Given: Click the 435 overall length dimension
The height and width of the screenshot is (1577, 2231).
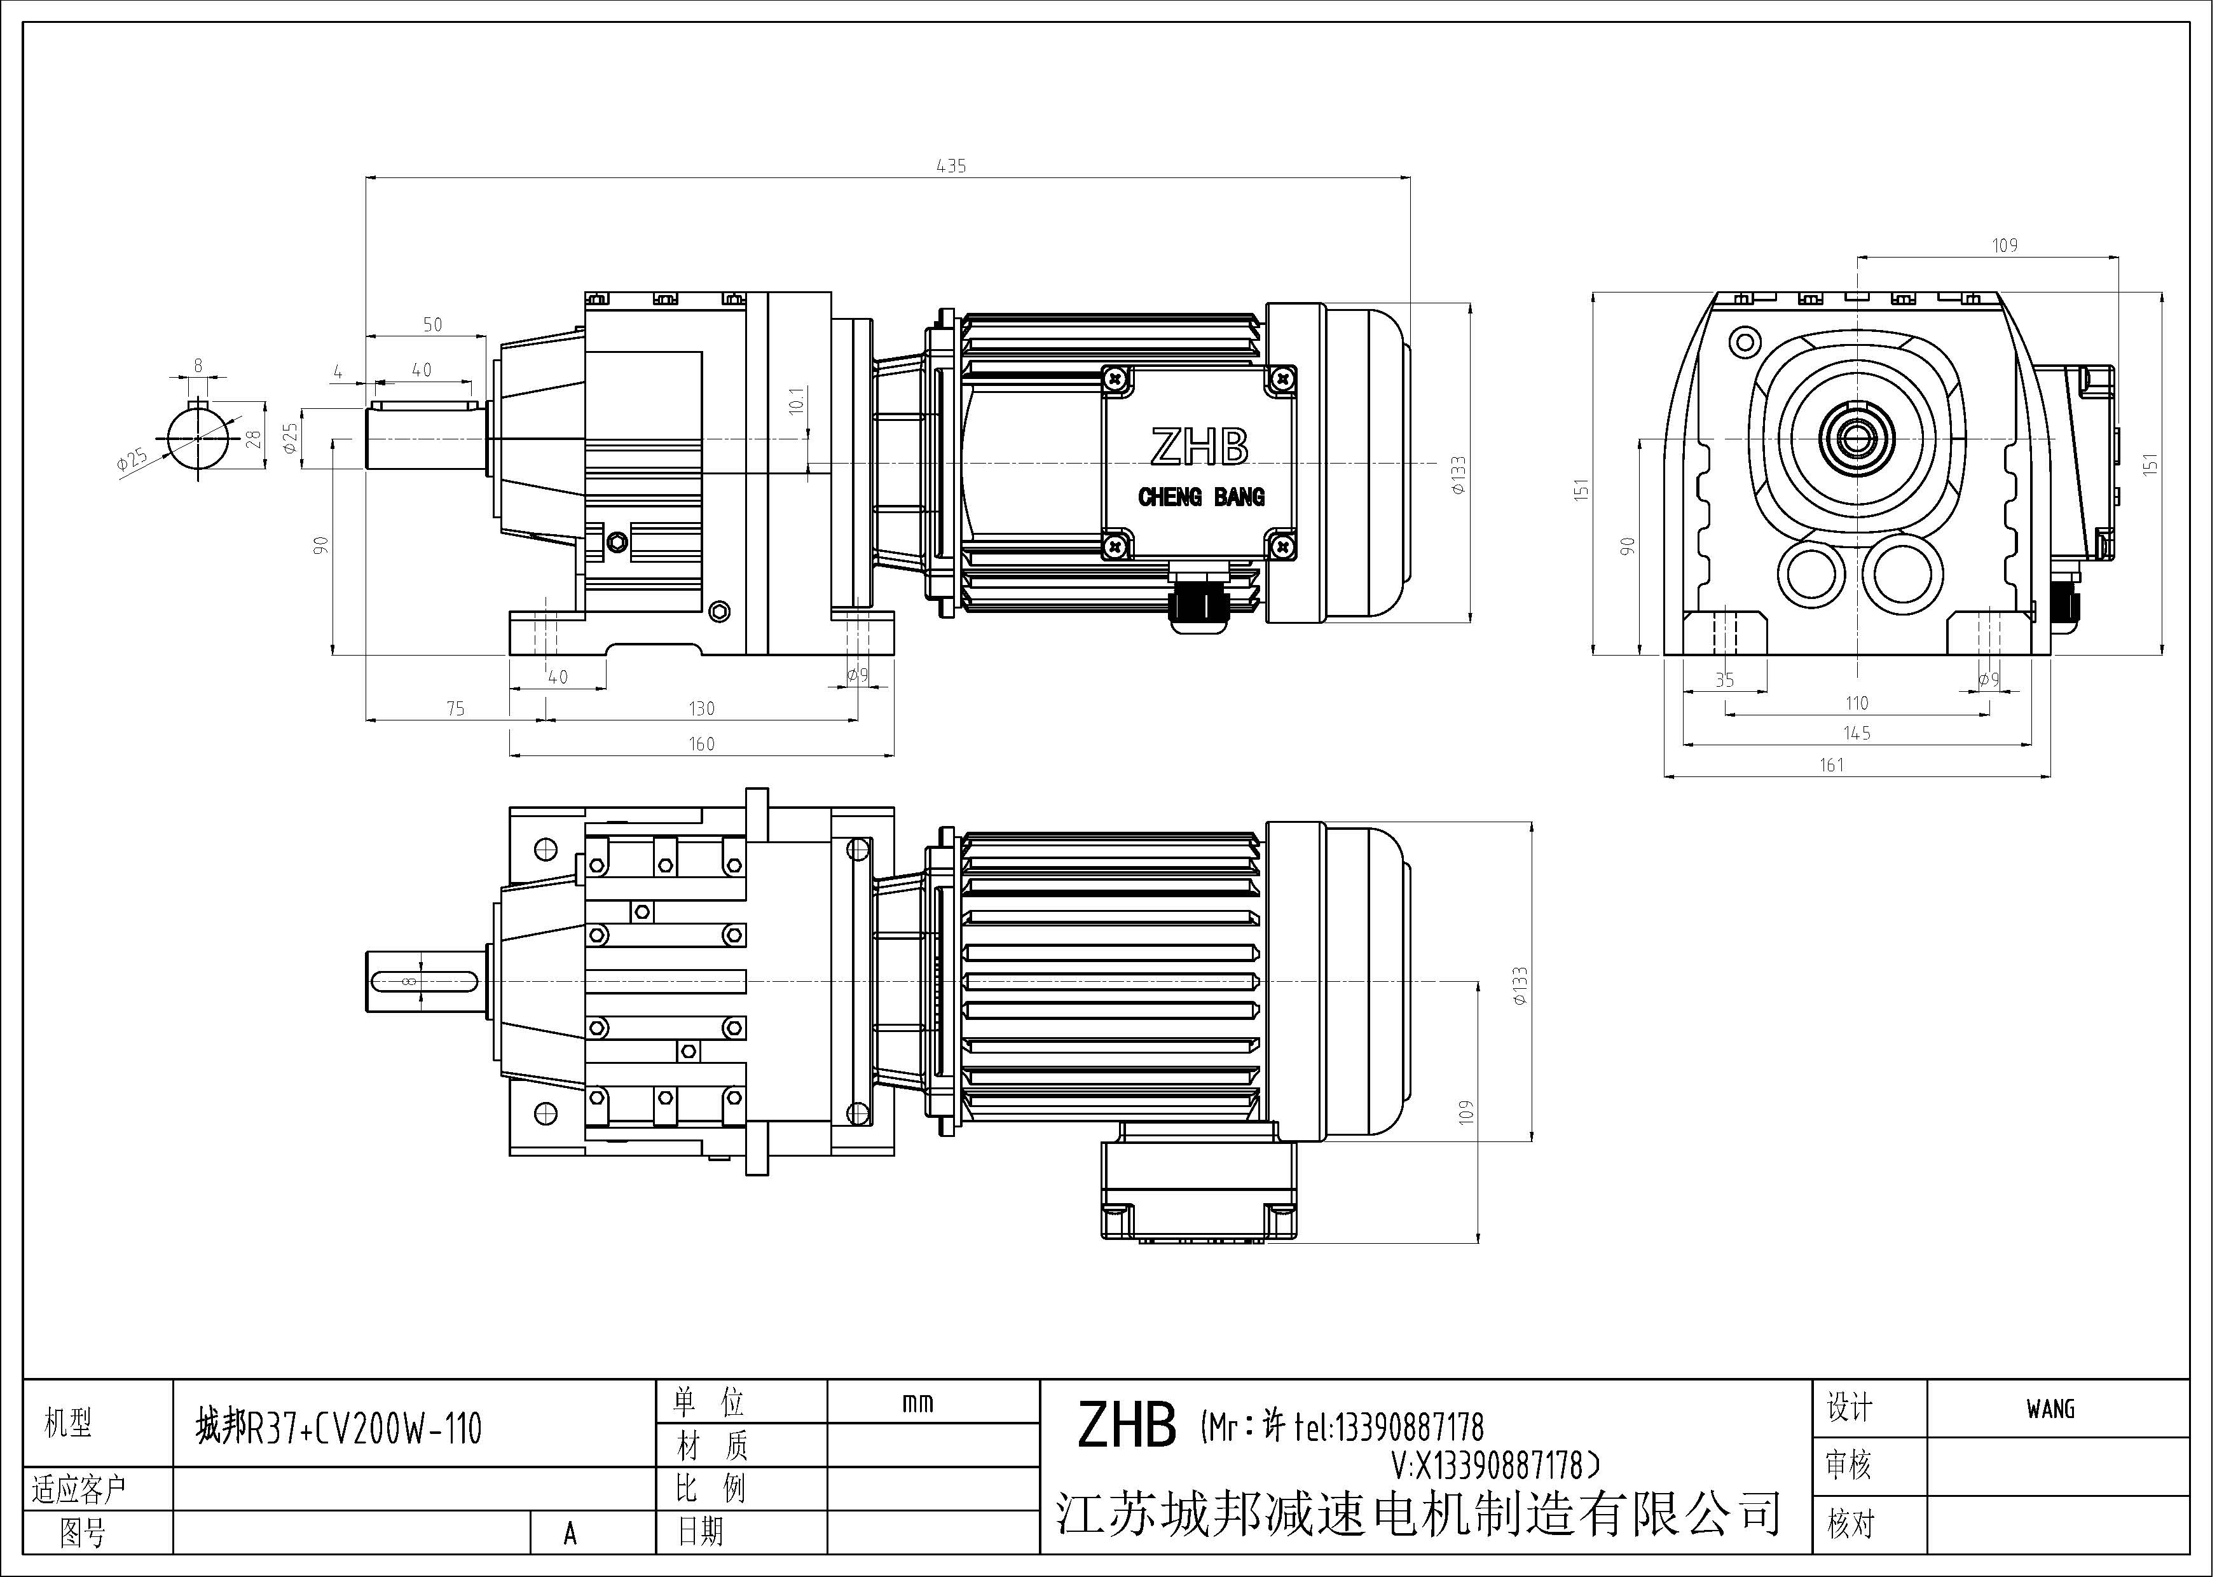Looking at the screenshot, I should tap(951, 166).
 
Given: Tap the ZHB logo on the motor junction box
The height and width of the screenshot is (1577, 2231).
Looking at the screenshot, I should tap(1199, 447).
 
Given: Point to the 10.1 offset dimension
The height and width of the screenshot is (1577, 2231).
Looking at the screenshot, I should tap(797, 401).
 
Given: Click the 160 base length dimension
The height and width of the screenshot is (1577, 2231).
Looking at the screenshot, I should tap(701, 744).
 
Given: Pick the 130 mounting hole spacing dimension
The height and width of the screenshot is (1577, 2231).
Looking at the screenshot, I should tap(701, 709).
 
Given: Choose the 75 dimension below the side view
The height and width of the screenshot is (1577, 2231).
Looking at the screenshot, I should tap(455, 709).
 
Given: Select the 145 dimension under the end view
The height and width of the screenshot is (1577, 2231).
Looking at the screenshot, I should tap(1856, 734).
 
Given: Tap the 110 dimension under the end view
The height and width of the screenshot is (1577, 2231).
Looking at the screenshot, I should tap(1856, 703).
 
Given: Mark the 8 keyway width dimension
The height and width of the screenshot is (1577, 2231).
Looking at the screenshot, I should tap(198, 366).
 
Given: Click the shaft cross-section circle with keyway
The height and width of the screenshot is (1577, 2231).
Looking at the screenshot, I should tap(198, 439).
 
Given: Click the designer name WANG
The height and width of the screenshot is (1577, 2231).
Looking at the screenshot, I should tap(2050, 1409).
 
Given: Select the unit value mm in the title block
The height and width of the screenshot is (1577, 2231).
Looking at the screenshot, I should tap(917, 1403).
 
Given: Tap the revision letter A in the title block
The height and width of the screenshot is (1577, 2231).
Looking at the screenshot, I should tap(570, 1533).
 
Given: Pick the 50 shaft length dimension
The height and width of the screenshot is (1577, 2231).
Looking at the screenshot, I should tap(432, 324).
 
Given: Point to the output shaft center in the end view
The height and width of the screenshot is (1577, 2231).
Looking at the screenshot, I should tap(1857, 440).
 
